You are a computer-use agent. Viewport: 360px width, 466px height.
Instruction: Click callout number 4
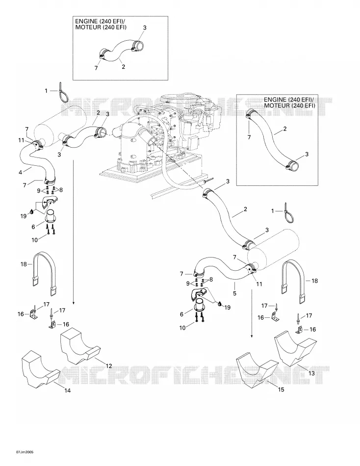[x=21, y=172]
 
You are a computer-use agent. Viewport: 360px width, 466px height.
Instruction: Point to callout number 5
[x=234, y=293]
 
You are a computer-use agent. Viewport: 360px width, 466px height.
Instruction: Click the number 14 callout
[x=68, y=390]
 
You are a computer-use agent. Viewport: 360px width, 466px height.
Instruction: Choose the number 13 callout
[x=311, y=373]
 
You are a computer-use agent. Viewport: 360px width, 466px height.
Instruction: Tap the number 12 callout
[x=109, y=366]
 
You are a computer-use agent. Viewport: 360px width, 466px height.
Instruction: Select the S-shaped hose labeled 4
[x=36, y=161]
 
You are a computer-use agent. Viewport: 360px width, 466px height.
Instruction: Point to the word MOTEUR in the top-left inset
[x=85, y=27]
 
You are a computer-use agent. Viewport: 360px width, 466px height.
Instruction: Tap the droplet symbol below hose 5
[x=220, y=304]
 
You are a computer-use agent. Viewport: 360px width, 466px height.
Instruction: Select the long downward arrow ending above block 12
[x=73, y=232]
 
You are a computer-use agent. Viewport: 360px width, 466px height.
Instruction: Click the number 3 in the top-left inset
[x=145, y=27]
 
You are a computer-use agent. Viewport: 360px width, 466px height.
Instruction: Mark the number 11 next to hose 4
[x=21, y=140]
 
